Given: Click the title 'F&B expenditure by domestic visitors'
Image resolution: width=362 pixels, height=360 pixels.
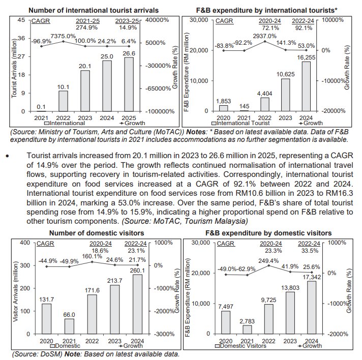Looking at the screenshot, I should point(268,233).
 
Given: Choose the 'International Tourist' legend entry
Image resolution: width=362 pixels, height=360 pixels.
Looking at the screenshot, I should point(245,123).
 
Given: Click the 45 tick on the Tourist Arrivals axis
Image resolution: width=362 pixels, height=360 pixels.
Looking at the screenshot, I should point(21,20).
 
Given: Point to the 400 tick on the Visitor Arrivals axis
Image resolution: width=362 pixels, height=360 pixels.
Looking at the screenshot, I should point(23,242).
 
